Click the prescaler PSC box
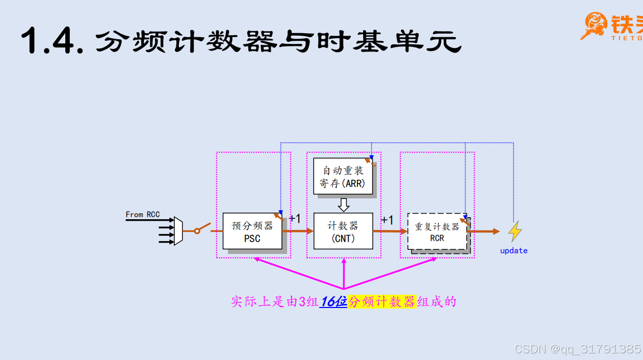252,231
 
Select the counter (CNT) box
343,231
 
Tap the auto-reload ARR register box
343,176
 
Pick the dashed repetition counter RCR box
437,232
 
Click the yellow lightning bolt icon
515,231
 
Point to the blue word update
513,251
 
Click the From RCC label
143,215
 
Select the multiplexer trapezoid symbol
178,231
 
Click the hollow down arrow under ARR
344,205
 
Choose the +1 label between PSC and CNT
295,219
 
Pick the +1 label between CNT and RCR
388,220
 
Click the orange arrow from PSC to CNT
298,231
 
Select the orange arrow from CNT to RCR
390,231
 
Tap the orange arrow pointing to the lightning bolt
484,232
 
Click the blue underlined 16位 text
333,301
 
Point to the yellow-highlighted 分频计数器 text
382,301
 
